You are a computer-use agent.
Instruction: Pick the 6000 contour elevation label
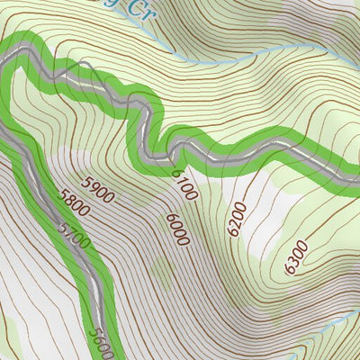(x=176, y=231)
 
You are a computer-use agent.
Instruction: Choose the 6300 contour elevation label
(x=295, y=256)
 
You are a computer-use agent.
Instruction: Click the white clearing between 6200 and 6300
(x=261, y=238)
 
